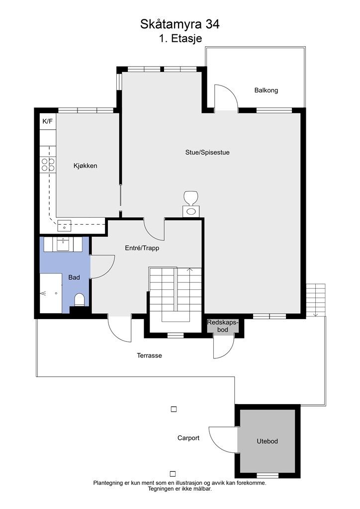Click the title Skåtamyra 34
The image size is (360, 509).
pyautogui.click(x=180, y=24)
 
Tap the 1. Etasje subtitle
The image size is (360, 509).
pyautogui.click(x=180, y=38)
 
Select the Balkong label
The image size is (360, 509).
pyautogui.click(x=266, y=90)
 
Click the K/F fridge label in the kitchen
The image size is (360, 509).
pyautogui.click(x=47, y=121)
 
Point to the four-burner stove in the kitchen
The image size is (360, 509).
pyautogui.click(x=48, y=164)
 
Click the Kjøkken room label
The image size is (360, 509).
pyautogui.click(x=86, y=166)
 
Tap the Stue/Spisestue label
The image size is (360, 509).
pyautogui.click(x=207, y=152)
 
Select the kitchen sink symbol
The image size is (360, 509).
pyautogui.click(x=64, y=226)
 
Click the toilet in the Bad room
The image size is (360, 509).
pyautogui.click(x=80, y=300)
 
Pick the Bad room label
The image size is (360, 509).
pyautogui.click(x=74, y=277)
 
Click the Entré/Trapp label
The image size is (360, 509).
pyautogui.click(x=142, y=248)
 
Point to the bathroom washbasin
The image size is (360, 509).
pyautogui.click(x=63, y=244)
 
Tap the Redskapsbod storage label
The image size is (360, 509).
pyautogui.click(x=223, y=326)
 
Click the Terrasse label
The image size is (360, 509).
pyautogui.click(x=149, y=355)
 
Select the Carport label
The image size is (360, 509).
pyautogui.click(x=188, y=438)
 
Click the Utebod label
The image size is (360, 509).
pyautogui.click(x=267, y=441)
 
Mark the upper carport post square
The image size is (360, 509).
pyautogui.click(x=174, y=410)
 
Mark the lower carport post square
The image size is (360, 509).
pyautogui.click(x=173, y=474)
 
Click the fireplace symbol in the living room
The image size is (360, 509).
pyautogui.click(x=191, y=204)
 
